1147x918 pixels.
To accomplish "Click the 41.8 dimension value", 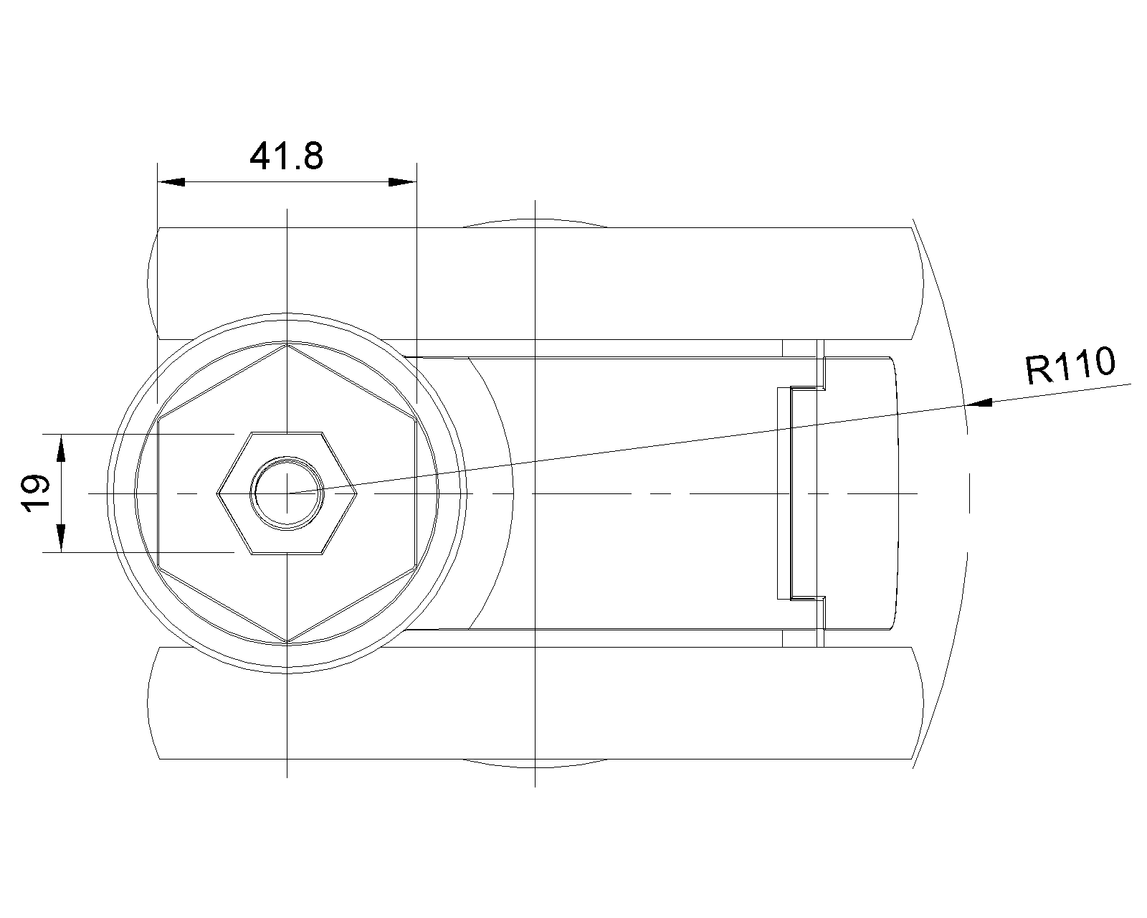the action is [x=286, y=156].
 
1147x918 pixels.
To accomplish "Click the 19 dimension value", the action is [x=36, y=493].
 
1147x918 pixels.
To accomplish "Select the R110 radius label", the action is [x=1070, y=365].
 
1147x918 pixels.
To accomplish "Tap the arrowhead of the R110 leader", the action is [x=979, y=403].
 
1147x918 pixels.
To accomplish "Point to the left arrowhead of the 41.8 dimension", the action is [x=171, y=182].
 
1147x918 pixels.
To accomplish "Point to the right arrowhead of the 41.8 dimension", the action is [x=402, y=182].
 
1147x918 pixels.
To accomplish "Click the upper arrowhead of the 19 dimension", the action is [x=62, y=448].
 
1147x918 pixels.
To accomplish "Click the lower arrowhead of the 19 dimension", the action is [x=62, y=538].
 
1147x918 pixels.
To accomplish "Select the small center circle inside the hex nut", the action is [x=287, y=493].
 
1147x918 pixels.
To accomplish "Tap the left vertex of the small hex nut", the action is [x=217, y=493].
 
